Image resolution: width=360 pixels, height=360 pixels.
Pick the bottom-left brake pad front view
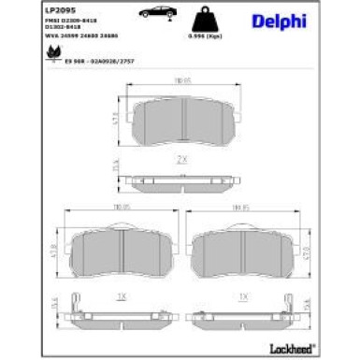click(121, 250)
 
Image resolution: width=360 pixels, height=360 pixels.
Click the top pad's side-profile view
click(181, 180)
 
